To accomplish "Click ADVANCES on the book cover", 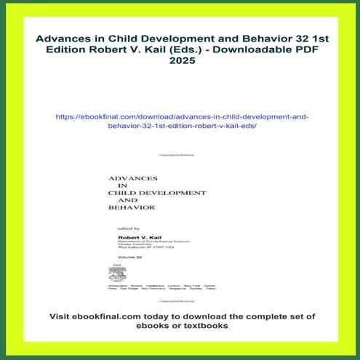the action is [x=133, y=177].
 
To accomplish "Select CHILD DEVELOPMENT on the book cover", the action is [x=156, y=193].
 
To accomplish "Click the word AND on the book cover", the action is [x=127, y=201].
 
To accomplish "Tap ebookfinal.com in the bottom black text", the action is [x=121, y=317].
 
